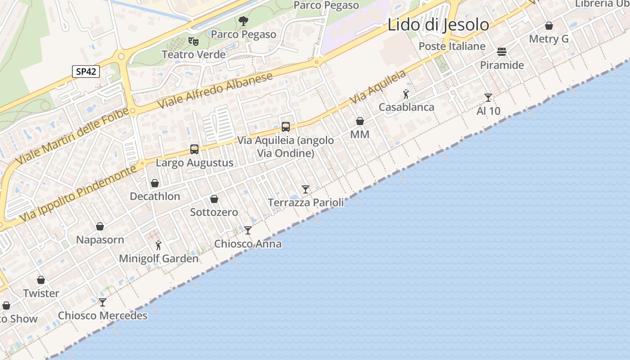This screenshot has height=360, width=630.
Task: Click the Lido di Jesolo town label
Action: click(x=438, y=25)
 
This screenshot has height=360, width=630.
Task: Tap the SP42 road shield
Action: click(x=85, y=72)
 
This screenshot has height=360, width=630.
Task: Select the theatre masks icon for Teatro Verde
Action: click(x=193, y=41)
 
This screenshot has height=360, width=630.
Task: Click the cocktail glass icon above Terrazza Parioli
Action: click(x=306, y=189)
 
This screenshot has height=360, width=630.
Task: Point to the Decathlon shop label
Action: click(x=155, y=196)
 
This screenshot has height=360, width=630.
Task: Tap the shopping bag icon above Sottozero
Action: click(x=214, y=199)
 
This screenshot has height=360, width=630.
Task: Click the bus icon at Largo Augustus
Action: click(x=194, y=149)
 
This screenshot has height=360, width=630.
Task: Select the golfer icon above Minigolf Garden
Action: click(x=158, y=245)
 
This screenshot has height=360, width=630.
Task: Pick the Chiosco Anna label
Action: click(x=248, y=244)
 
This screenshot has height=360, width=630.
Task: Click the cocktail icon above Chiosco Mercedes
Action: click(x=103, y=302)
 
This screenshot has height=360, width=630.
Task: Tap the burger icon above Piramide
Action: click(x=502, y=52)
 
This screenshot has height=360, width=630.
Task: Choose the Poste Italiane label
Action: click(x=452, y=46)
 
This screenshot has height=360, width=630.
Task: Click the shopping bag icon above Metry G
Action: click(x=549, y=26)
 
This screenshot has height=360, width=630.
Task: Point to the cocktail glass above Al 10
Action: click(x=488, y=97)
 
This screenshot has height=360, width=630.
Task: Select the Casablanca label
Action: click(x=406, y=107)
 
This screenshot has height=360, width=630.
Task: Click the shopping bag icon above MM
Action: click(x=360, y=121)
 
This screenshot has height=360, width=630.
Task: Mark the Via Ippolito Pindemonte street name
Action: click(x=78, y=193)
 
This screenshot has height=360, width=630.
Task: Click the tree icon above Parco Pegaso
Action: click(x=243, y=21)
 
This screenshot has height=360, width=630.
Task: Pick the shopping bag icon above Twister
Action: click(x=41, y=280)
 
